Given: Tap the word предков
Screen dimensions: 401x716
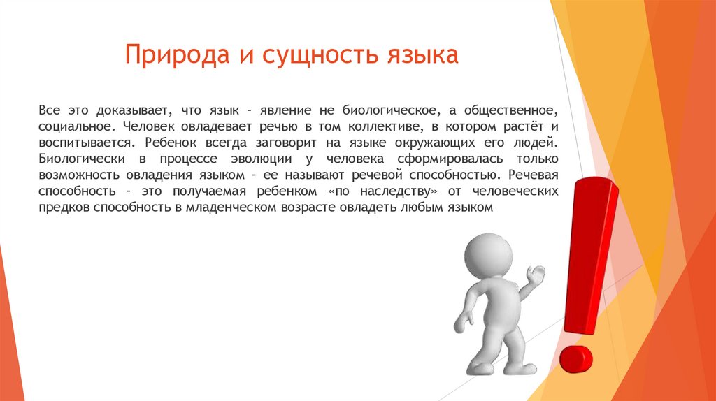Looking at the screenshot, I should point(61,207).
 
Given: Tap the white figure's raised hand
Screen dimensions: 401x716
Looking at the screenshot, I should point(536,275).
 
